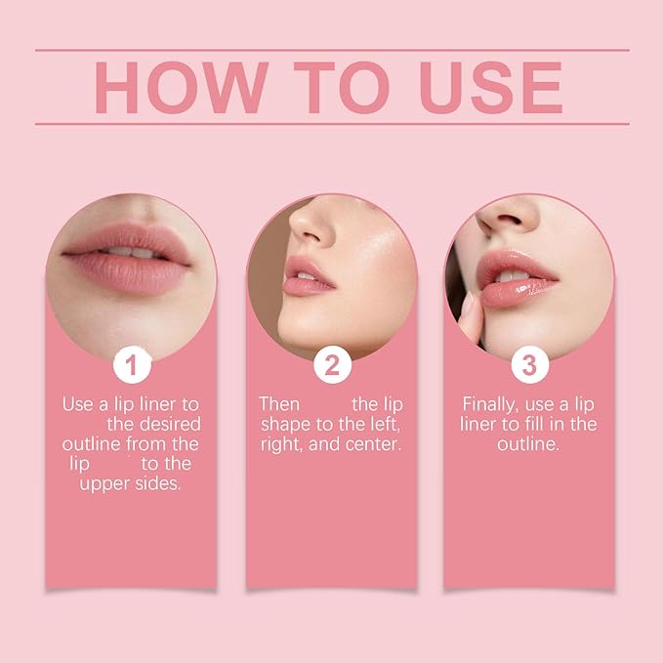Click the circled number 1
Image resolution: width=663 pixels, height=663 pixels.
132,366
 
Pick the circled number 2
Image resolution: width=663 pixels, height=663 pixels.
331,366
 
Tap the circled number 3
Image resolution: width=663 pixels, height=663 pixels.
529,366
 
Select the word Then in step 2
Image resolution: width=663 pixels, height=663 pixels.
278,403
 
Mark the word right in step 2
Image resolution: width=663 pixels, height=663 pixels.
281,444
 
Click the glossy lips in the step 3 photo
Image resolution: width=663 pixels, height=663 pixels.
515,281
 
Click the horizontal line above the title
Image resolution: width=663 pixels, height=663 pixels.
331,49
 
